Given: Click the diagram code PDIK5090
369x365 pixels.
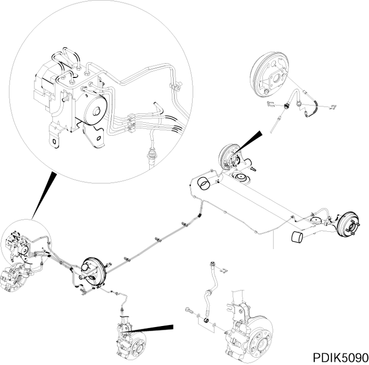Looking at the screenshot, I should coord(337,357).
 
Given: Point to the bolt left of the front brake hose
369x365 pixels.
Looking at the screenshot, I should coord(191,311).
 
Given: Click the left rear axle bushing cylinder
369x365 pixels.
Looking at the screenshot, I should coord(203,184).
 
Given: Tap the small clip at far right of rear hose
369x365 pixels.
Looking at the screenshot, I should coord(331,109).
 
